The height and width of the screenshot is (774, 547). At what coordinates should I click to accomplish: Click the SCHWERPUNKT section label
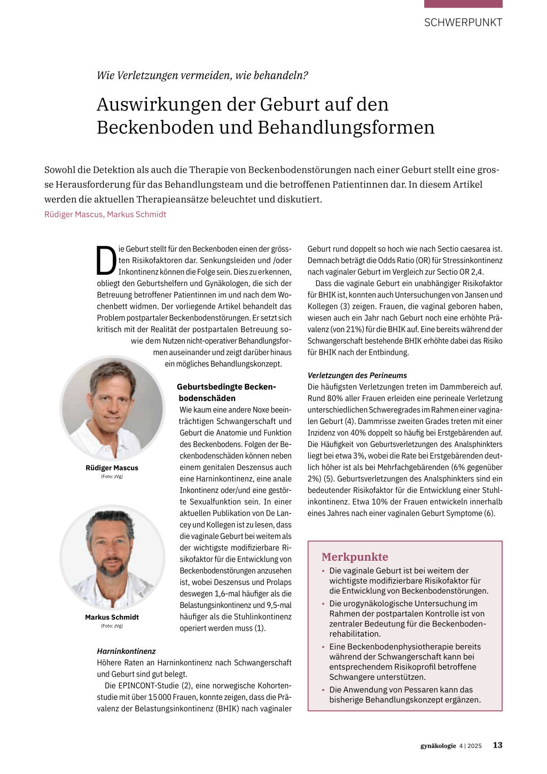(x=463, y=22)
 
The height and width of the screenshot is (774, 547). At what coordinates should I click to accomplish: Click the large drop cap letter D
(x=106, y=261)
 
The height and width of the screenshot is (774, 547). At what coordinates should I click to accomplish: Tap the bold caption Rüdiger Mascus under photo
(x=112, y=468)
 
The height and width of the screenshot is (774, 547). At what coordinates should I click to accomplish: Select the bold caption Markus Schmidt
(x=112, y=617)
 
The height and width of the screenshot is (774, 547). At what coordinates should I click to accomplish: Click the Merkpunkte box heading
(x=355, y=557)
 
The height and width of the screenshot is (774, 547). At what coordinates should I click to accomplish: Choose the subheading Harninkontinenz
(x=126, y=651)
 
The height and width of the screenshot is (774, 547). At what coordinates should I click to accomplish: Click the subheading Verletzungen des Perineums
(x=357, y=375)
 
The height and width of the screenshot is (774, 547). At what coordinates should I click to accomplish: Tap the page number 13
(x=497, y=745)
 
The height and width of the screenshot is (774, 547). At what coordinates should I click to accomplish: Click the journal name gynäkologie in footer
(x=438, y=746)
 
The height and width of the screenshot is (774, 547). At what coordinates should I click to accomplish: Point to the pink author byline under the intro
(x=105, y=214)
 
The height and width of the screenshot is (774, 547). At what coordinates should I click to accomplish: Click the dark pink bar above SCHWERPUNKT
(x=463, y=4)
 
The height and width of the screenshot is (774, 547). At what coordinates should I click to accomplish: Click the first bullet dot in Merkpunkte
(x=323, y=571)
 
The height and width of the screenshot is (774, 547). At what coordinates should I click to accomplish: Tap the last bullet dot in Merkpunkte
(x=323, y=690)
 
